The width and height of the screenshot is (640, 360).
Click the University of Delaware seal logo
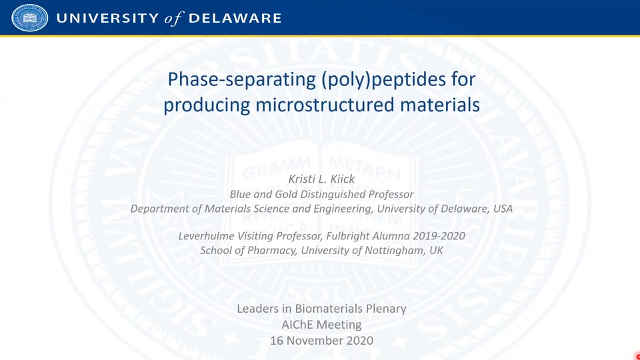tap(30, 17)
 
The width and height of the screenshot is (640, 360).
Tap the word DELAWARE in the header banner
tap(235, 19)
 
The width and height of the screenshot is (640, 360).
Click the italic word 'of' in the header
tap(174, 19)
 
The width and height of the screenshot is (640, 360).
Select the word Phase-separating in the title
tap(241, 79)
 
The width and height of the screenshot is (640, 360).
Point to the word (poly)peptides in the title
tap(383, 79)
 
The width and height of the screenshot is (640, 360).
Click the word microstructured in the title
tap(325, 105)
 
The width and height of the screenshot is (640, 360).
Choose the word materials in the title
tap(439, 105)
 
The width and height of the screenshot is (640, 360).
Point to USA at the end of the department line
tap(503, 209)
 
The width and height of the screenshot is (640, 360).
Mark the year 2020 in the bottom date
tap(359, 341)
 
